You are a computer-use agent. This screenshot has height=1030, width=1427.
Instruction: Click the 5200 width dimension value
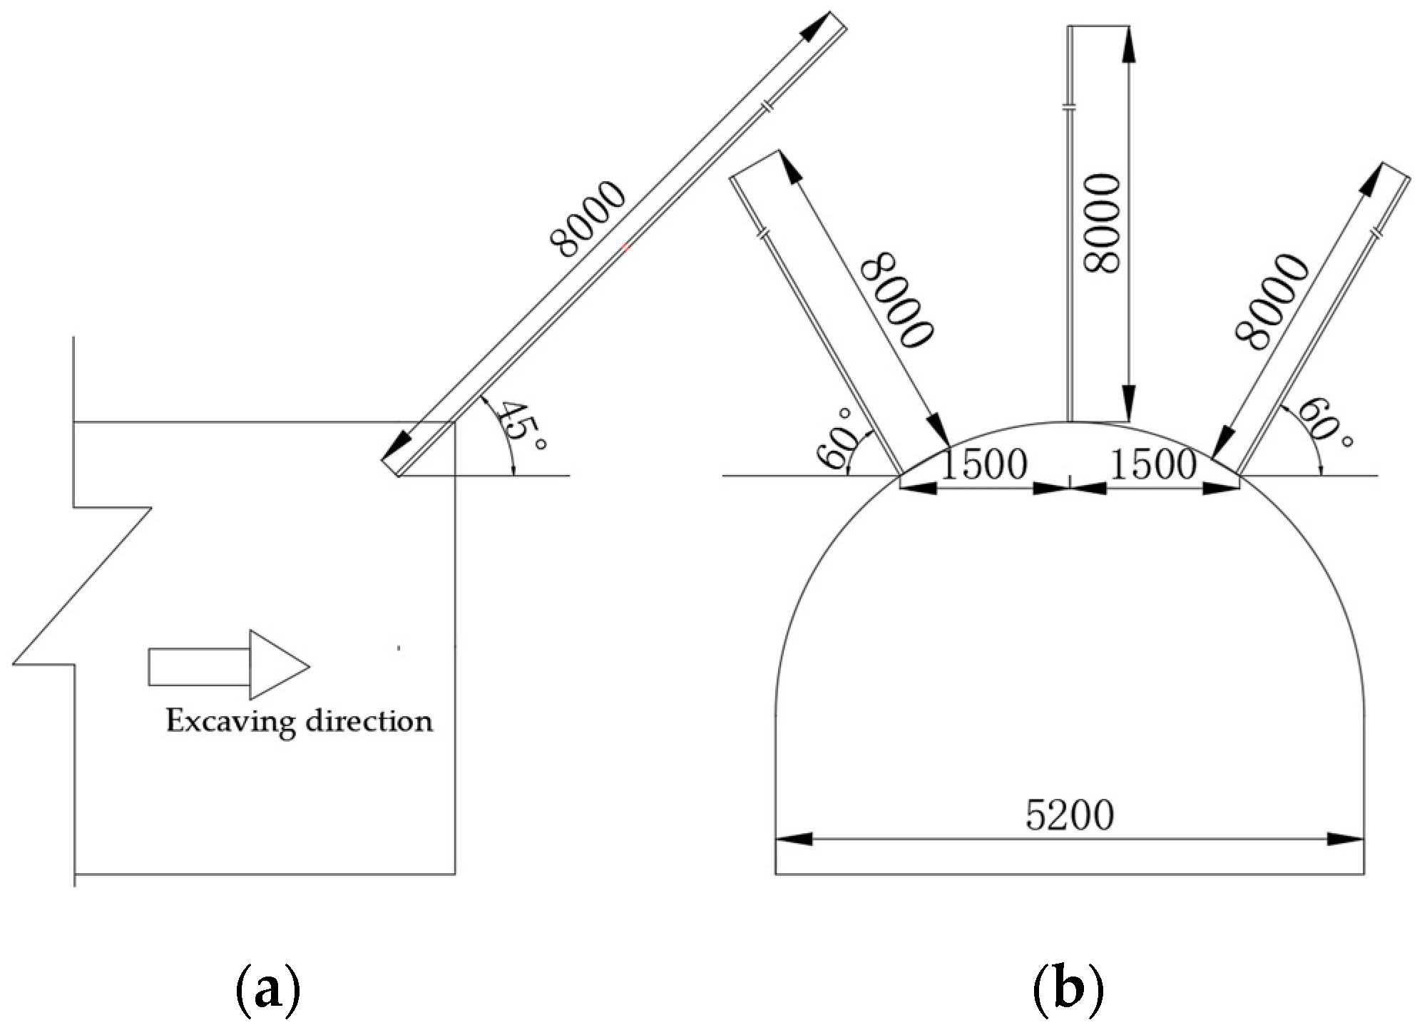[1070, 816]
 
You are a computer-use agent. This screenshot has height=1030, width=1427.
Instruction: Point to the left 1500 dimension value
[985, 465]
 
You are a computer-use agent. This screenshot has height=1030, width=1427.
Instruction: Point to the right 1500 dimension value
[1154, 465]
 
